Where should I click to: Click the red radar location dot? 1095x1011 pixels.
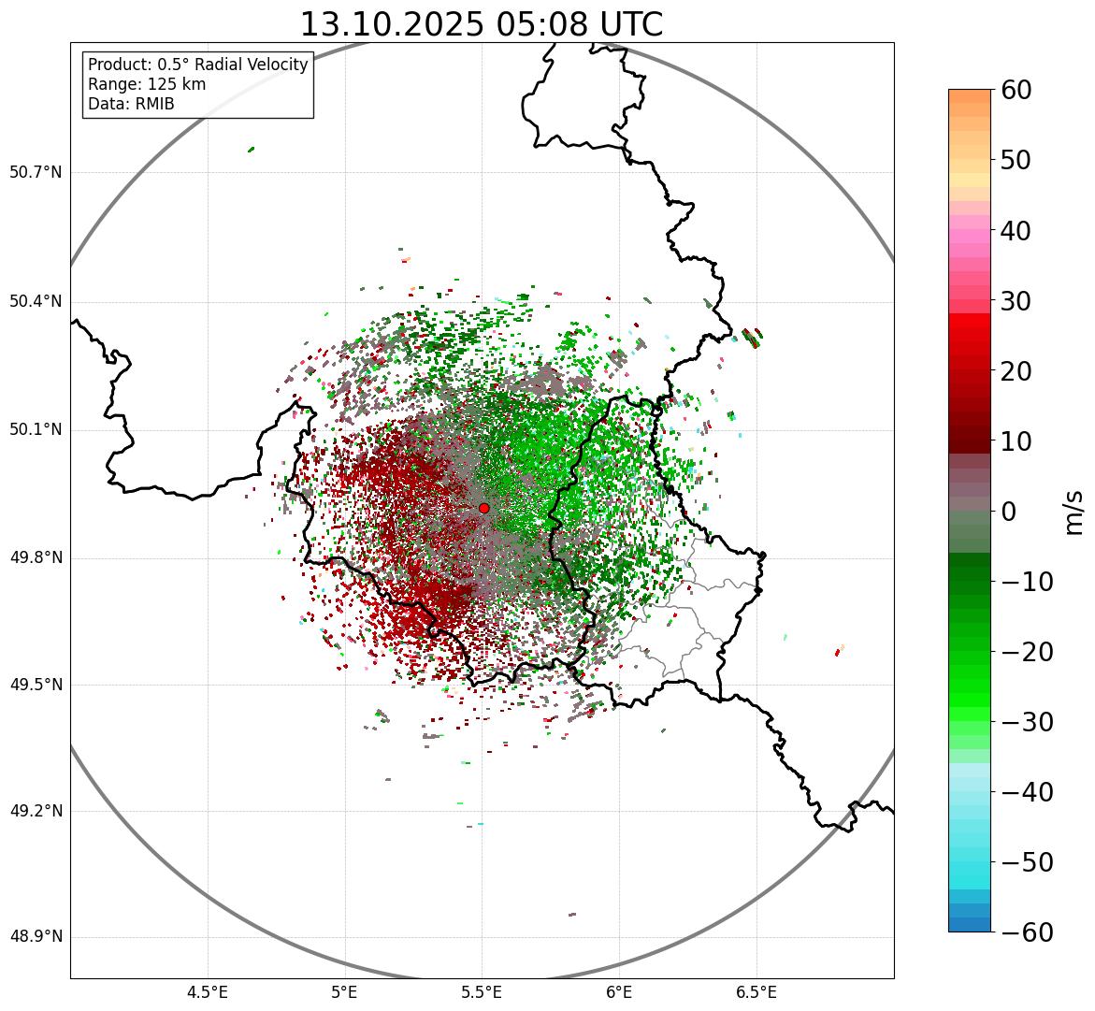click(483, 508)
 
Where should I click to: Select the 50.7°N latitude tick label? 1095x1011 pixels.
click(36, 172)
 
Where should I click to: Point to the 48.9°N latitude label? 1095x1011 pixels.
click(36, 937)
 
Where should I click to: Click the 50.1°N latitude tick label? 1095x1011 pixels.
click(36, 430)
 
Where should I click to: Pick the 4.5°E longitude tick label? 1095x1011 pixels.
click(208, 992)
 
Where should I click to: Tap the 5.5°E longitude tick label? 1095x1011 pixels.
click(482, 992)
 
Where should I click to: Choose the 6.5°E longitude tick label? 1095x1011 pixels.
click(756, 992)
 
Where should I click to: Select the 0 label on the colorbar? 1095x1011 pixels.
click(1008, 512)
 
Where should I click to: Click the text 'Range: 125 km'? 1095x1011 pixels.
click(147, 84)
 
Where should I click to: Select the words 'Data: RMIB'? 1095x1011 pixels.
click(131, 104)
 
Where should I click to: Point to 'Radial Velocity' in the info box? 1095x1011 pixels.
click(247, 65)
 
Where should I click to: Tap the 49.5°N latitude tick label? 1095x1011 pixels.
click(36, 685)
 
